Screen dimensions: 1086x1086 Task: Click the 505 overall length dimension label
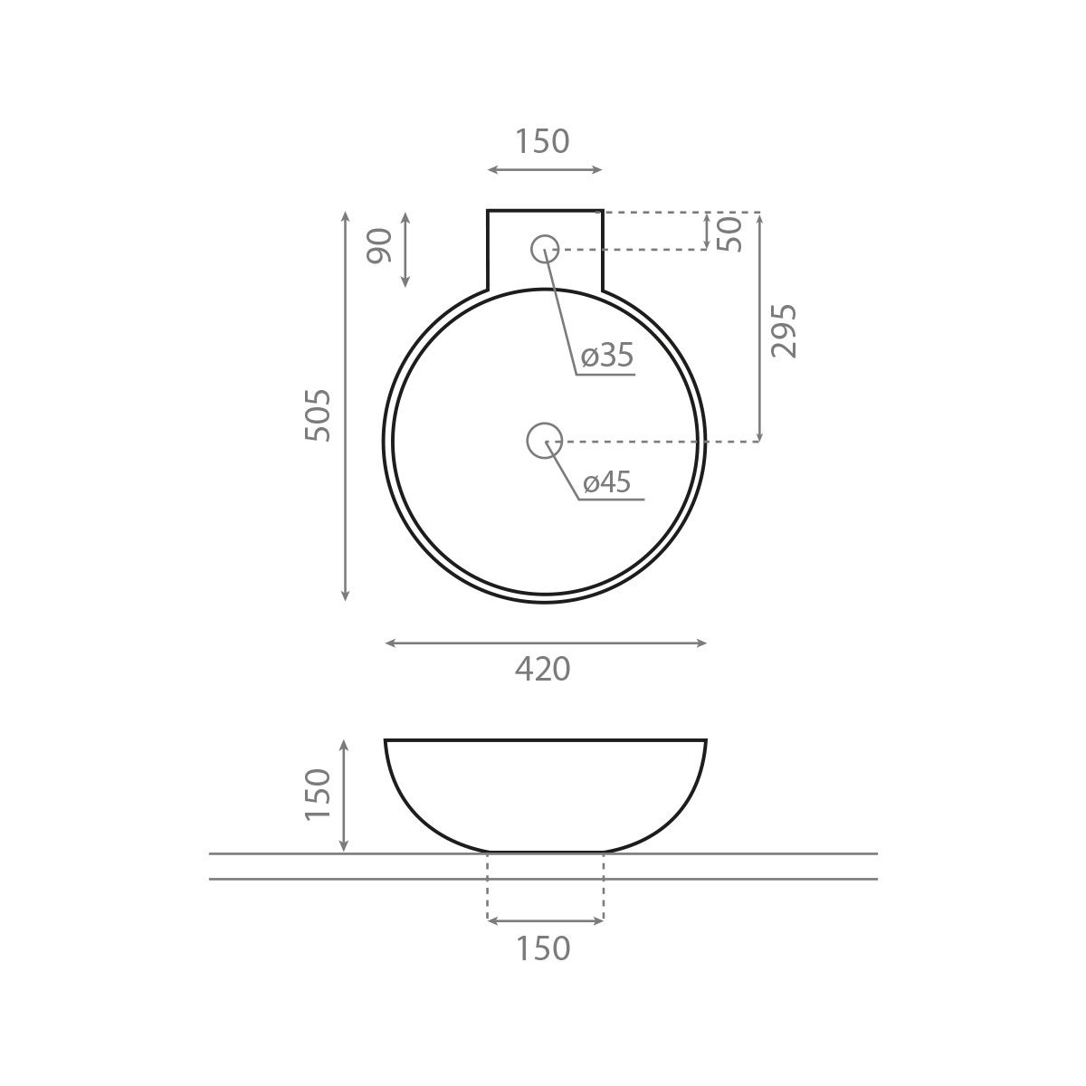pos(318,414)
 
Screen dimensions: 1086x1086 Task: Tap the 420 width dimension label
pos(543,669)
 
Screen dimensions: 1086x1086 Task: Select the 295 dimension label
pos(784,331)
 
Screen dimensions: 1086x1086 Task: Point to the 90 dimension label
pos(379,246)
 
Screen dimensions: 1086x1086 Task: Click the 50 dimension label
pos(729,233)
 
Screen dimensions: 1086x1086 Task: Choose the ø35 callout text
pos(607,355)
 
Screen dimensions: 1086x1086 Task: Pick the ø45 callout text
pos(606,481)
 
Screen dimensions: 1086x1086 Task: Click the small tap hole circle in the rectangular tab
pos(545,249)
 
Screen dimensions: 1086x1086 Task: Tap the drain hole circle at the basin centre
pos(545,440)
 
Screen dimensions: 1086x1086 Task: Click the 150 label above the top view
pos(543,141)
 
